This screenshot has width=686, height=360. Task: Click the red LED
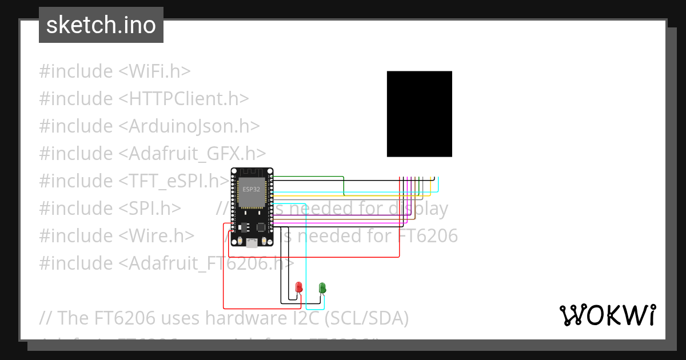point(298,287)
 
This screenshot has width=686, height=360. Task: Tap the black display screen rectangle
point(420,114)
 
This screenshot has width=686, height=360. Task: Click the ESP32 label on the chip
point(251,189)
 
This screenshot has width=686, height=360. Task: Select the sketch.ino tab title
point(101,25)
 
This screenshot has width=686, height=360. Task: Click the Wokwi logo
point(607,315)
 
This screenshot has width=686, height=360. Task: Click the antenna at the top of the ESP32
point(252,173)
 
